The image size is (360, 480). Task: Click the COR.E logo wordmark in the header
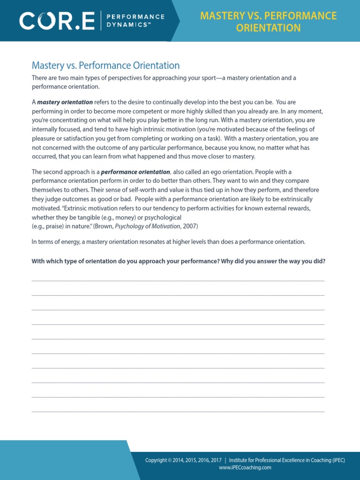click(57, 20)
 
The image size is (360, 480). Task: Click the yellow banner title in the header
click(268, 22)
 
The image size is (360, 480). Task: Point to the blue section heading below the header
click(105, 66)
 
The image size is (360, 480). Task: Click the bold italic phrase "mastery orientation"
click(65, 102)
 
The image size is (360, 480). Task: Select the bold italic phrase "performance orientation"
click(135, 172)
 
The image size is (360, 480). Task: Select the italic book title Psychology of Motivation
click(148, 226)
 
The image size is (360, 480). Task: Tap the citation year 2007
click(190, 226)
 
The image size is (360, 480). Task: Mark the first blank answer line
click(178, 280)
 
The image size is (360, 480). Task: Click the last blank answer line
click(178, 411)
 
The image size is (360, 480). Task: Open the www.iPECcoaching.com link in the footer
click(245, 467)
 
